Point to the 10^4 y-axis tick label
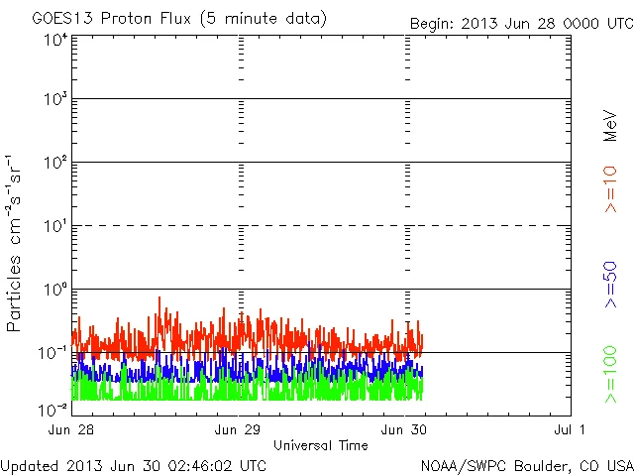click(53, 40)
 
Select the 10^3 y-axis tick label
click(53, 100)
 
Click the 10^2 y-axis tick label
click(53, 163)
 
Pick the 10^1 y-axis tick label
click(53, 226)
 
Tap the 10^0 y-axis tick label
click(53, 290)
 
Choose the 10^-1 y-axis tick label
click(52, 353)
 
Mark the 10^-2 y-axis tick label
click(52, 409)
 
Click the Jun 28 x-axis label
click(71, 430)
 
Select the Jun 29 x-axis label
click(238, 430)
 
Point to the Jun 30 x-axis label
click(404, 430)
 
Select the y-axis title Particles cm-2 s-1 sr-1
click(18, 243)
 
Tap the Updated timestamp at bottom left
click(134, 464)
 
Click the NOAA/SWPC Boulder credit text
click(526, 464)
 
